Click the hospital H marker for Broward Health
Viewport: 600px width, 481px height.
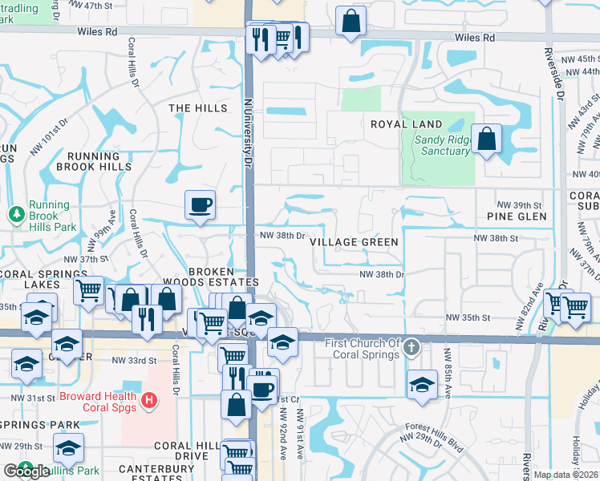tap(148, 398)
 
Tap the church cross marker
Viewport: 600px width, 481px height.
tap(411, 347)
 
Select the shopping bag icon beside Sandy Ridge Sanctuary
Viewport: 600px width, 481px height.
tap(486, 140)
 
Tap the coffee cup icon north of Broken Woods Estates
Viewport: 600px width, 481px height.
tap(200, 204)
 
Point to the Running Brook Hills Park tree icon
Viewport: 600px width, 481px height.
tap(15, 214)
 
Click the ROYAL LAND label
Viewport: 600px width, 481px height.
tap(406, 124)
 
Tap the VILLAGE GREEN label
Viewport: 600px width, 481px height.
tap(354, 242)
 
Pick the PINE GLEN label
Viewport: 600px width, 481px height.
tap(517, 216)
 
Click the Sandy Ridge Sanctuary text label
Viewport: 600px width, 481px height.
tap(441, 145)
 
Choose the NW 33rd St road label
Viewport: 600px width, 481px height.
tap(134, 361)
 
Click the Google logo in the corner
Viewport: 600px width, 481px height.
tap(26, 471)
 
